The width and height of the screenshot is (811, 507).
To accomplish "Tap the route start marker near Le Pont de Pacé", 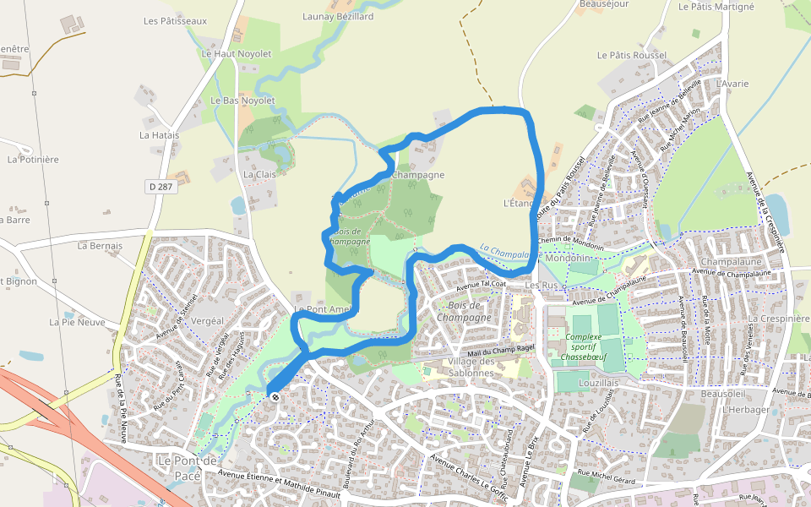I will point(274,395).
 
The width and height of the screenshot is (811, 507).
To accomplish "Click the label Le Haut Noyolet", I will point(237,53).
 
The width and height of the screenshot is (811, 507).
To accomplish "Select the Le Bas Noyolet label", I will point(243,100).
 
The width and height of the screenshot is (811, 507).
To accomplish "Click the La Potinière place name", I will point(33,159).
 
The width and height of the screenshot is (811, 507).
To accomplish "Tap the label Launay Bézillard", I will point(338,16).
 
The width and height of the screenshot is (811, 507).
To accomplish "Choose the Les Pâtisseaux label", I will point(176,20).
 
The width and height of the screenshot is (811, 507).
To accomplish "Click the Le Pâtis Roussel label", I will point(632,55).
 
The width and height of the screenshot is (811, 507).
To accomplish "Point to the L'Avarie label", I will point(732,84).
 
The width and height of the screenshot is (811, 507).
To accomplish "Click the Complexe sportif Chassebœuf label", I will point(582,346).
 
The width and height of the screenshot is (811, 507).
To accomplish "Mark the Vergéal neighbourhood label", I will point(208,321).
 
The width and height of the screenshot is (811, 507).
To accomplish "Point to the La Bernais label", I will point(100,246).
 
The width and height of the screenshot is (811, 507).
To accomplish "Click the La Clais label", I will point(260,174).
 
